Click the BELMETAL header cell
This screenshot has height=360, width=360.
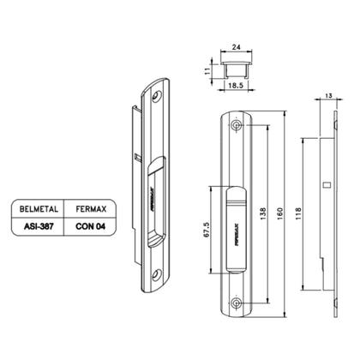pos(39,209)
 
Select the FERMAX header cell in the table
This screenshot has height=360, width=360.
pos(91,209)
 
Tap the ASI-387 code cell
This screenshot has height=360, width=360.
pos(39,226)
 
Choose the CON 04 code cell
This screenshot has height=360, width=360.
pos(91,226)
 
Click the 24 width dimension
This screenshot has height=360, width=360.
pos(236,47)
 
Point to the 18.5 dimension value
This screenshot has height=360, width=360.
pos(236,85)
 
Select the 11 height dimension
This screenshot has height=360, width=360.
pos(207,70)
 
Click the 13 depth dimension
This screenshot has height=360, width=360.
pos(328,96)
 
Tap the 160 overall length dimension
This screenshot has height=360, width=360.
pos(280,213)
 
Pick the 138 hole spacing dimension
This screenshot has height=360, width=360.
pos(263,213)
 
